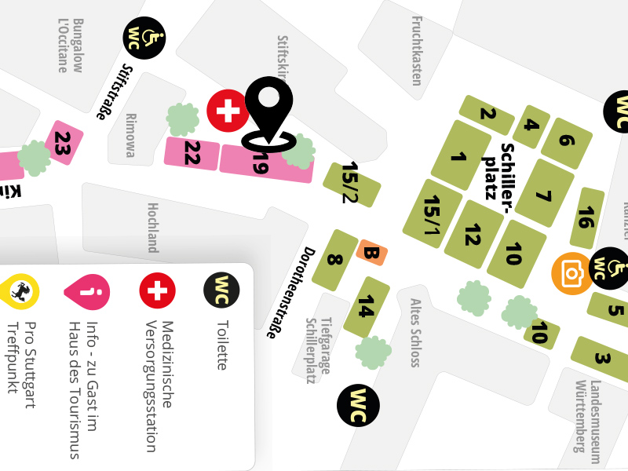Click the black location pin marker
coord(268,110)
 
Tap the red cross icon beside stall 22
coord(228,111)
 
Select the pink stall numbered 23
coord(62,143)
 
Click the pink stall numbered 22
coord(192,153)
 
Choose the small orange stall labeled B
coord(372,253)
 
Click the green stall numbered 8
coord(334,260)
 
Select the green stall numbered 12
coord(473,234)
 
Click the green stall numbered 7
coord(544,194)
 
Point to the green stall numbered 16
coord(586,217)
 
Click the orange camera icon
coord(572,273)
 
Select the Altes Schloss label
coord(415,332)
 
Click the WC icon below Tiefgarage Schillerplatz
coord(358,406)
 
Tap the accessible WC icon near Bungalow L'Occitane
coord(144,38)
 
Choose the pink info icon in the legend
coord(86,291)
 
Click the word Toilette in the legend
coord(221,345)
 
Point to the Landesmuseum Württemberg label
coord(588,416)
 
